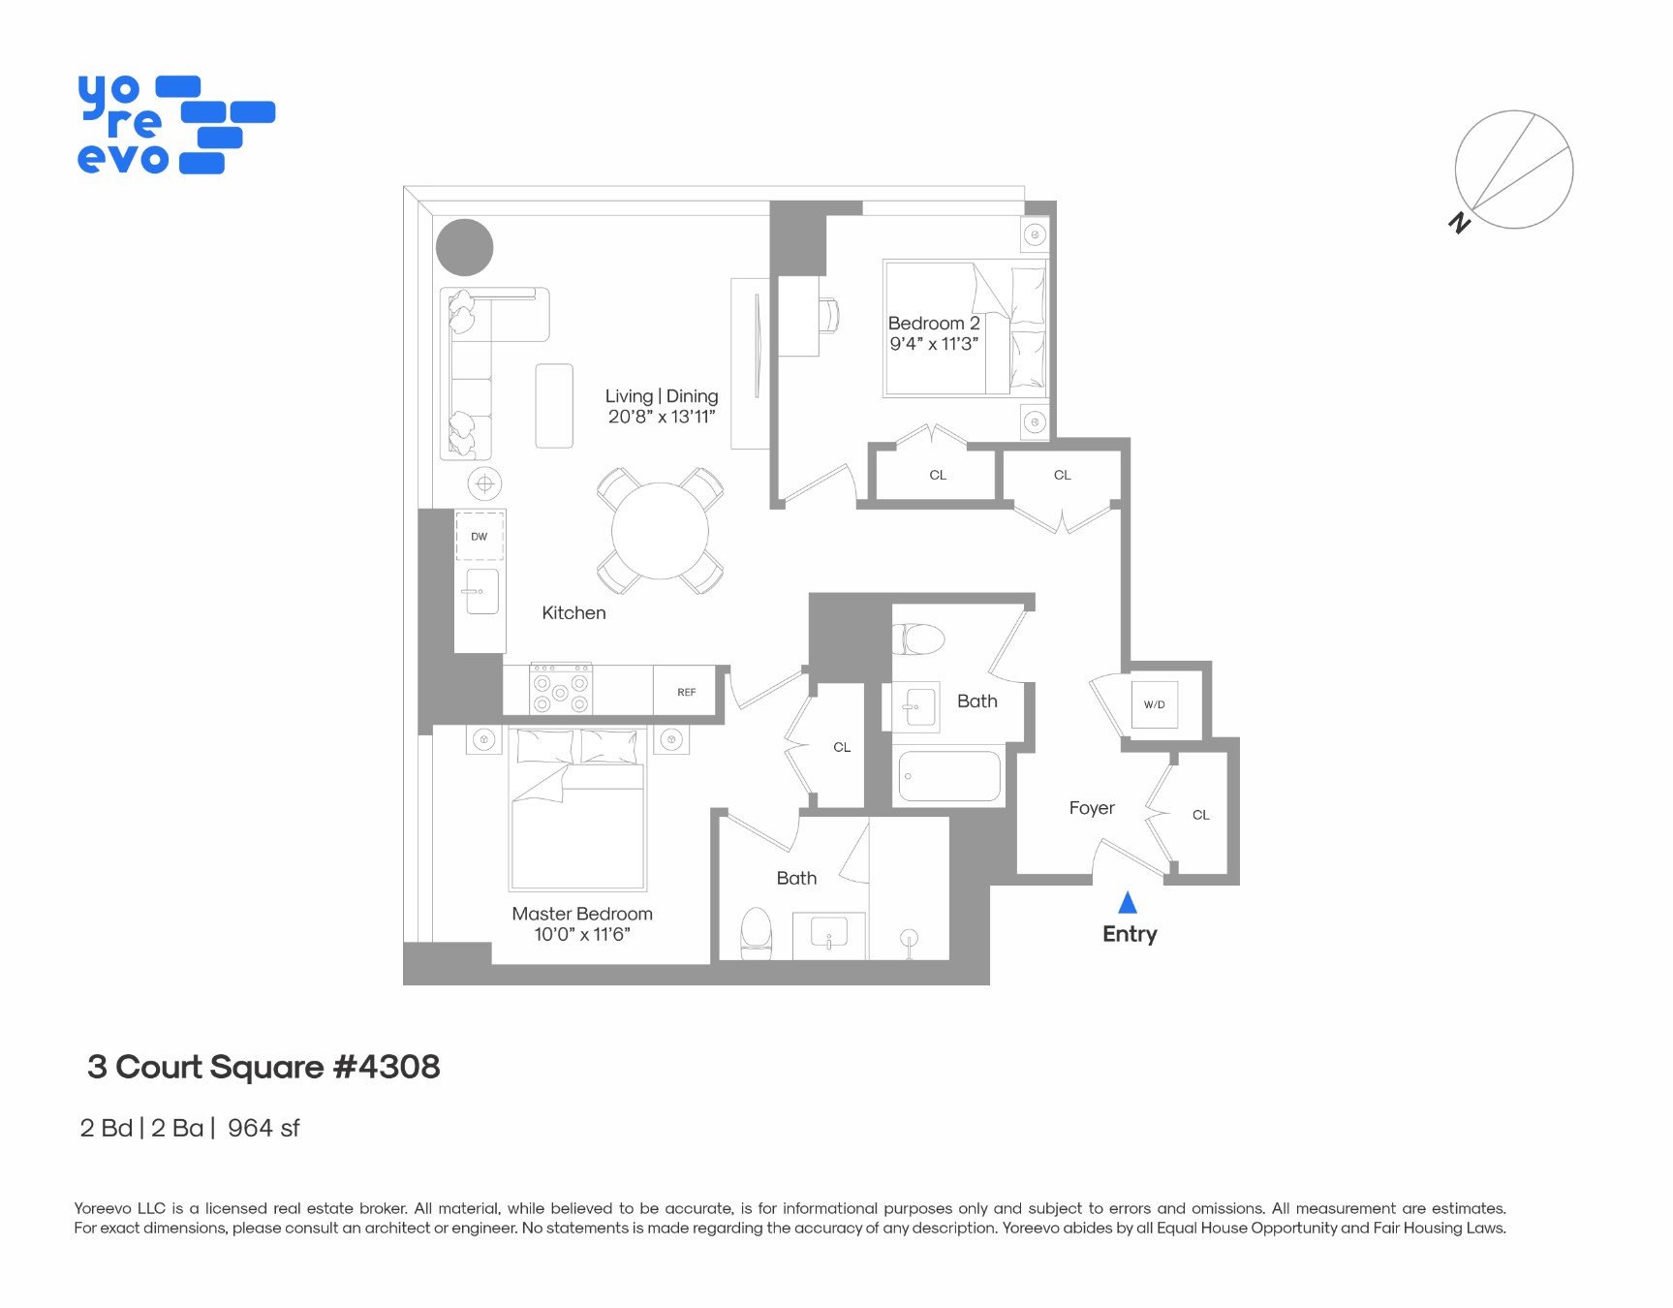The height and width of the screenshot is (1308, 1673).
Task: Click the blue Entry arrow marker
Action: coord(1127,903)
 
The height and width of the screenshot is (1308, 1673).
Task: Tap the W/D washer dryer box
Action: coord(1154,704)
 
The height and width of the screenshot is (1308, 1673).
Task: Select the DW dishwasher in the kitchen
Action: coord(480,536)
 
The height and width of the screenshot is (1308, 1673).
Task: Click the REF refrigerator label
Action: coord(686,692)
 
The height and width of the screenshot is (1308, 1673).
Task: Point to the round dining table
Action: coord(660,531)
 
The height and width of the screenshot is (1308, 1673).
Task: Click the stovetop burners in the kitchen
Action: coord(561,691)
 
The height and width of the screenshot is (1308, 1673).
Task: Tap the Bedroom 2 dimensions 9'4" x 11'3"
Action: coord(934,344)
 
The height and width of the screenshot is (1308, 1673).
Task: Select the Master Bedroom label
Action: coord(582,914)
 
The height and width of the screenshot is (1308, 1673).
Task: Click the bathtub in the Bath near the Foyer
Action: coord(949,776)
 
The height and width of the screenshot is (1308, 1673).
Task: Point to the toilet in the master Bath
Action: coord(756,933)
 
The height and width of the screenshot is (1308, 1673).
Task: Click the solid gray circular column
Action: coord(465,248)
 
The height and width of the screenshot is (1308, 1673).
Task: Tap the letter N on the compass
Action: coord(1459,223)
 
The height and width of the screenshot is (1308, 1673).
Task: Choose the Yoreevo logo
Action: coord(175,125)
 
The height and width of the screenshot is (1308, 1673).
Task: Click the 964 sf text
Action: coord(263,1129)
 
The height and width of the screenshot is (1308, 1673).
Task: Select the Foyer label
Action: coord(1092,808)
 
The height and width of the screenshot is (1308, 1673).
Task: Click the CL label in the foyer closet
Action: coord(1200,815)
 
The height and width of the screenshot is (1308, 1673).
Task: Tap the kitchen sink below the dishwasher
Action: coord(481,591)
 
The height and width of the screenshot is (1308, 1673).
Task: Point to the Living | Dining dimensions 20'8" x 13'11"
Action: coord(662,417)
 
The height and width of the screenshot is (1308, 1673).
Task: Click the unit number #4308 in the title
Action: coord(387,1067)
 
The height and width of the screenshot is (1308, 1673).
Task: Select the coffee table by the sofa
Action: coord(554,406)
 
